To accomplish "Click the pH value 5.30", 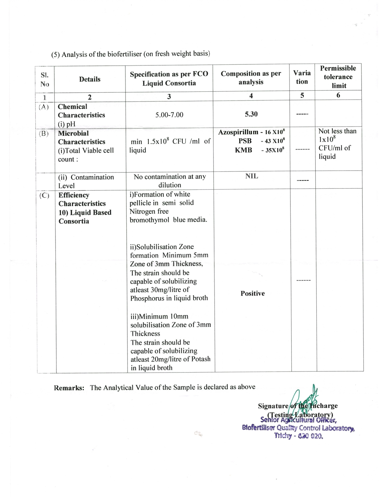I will click(x=251, y=114).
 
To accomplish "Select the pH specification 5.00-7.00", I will click(x=169, y=115).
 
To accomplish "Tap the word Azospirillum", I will click(x=238, y=132).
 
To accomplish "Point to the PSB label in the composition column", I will click(x=245, y=141).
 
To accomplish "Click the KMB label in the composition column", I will click(x=243, y=150).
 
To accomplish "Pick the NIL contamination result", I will click(x=252, y=176).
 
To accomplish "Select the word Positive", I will click(x=252, y=293).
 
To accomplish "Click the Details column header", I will click(x=90, y=79).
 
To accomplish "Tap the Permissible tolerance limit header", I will click(x=338, y=77).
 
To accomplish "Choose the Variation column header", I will click(x=302, y=77).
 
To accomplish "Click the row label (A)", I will click(x=44, y=107).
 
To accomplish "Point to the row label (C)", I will click(x=44, y=195).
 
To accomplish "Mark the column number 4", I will click(x=251, y=96).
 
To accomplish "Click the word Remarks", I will click(x=69, y=388).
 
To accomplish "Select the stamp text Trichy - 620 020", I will click(x=298, y=436).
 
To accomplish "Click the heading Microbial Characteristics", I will click(x=81, y=137).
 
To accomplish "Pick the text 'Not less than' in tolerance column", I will click(x=337, y=131).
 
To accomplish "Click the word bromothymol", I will click(x=150, y=220).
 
